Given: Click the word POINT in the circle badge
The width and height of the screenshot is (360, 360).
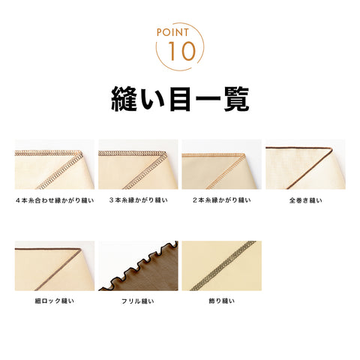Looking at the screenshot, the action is [172, 32].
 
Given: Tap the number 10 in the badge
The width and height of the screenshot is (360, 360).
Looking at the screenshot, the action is [181, 51].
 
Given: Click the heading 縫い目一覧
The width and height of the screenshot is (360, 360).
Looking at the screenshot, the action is [180, 99].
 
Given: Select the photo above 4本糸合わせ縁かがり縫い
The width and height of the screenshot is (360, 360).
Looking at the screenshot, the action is [55, 164].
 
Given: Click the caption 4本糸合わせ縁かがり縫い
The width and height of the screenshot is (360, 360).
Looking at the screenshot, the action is [55, 200].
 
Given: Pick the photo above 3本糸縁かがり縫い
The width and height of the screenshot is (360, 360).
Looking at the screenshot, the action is [138, 164].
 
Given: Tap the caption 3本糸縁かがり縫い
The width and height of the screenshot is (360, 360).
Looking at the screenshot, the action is [138, 200].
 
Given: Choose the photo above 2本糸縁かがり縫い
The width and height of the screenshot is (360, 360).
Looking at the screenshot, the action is [222, 164].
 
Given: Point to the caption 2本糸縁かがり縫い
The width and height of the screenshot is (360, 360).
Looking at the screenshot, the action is [222, 200].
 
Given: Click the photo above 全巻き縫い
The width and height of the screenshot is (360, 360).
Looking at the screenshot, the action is [305, 164].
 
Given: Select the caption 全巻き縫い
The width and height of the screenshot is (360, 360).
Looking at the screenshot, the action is [305, 200].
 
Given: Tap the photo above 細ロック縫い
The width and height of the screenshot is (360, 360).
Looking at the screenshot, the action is [55, 265].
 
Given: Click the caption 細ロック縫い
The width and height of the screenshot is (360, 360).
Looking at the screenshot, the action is [55, 301].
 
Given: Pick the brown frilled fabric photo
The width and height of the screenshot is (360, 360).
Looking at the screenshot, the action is [138, 265].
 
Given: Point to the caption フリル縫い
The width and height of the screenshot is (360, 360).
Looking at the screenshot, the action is [138, 301].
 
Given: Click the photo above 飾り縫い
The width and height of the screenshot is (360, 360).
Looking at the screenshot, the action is [222, 265].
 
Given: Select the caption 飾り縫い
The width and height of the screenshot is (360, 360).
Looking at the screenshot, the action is [222, 301].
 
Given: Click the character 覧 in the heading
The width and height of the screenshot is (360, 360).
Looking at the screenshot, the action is [236, 99].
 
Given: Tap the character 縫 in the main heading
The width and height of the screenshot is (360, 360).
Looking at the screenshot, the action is [124, 99].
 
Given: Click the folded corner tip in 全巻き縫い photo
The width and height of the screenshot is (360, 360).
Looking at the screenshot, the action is [331, 149].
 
